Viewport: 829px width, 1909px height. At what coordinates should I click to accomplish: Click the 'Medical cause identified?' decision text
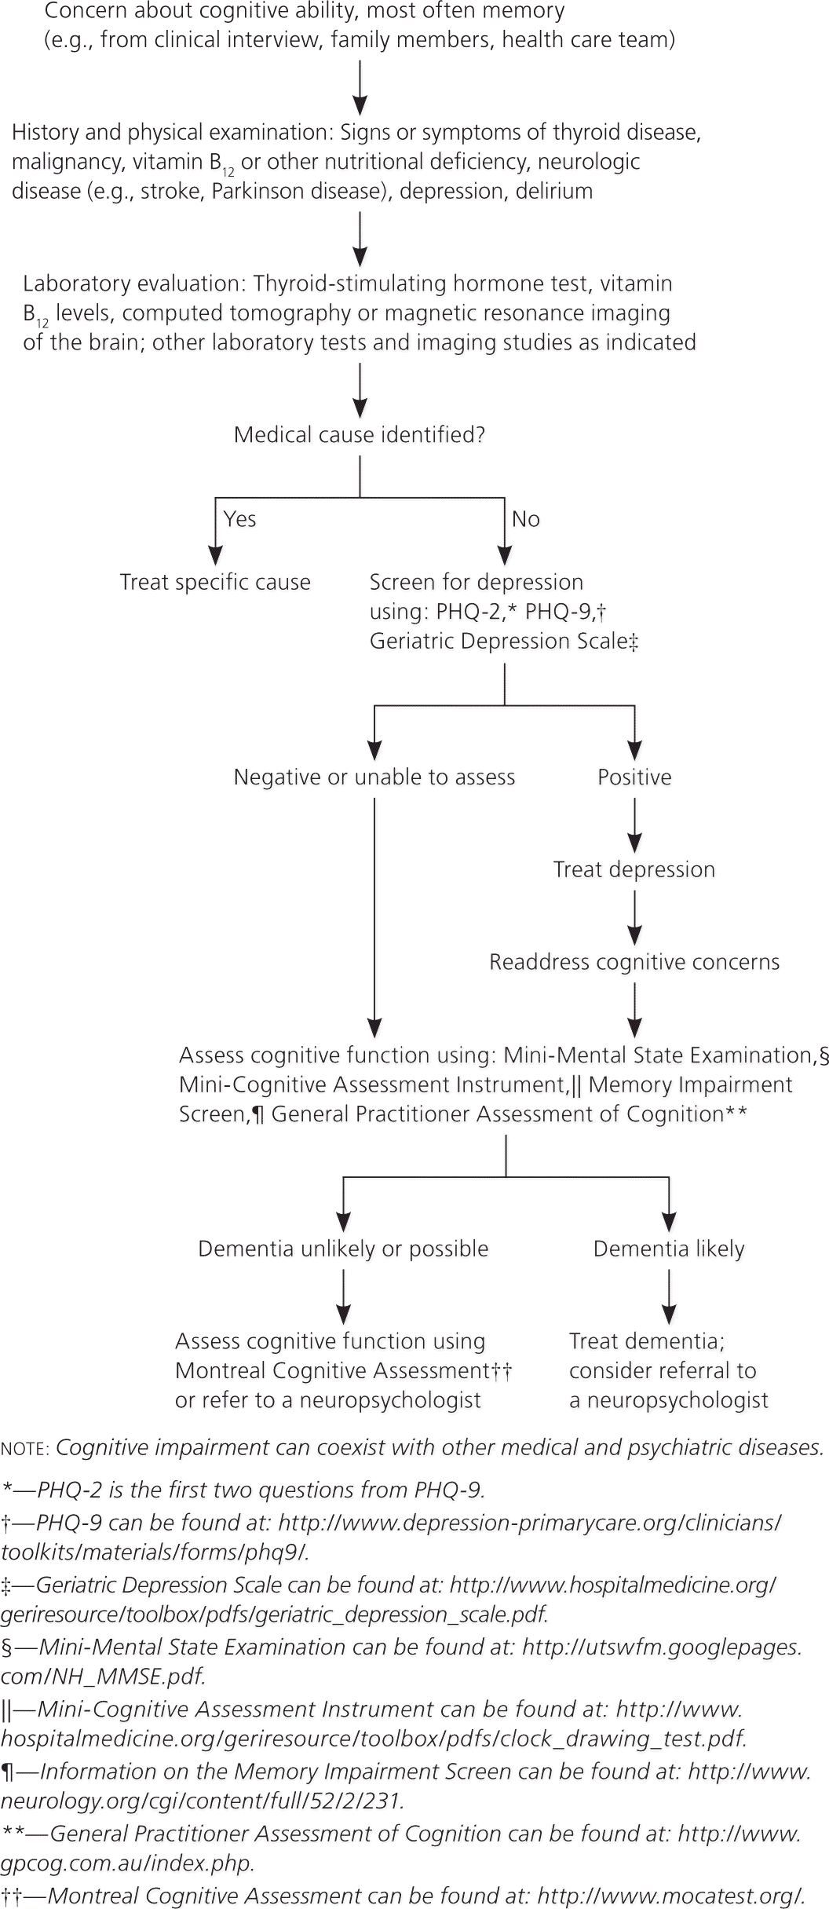tap(360, 435)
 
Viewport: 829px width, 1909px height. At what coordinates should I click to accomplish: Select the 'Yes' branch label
tap(239, 519)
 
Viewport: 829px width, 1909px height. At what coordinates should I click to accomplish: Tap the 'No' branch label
tap(525, 519)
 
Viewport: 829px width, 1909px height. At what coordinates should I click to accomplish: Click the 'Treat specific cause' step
tap(215, 582)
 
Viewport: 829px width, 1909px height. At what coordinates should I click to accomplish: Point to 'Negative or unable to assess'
tap(374, 777)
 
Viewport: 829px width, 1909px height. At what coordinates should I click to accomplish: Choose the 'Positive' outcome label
tap(634, 777)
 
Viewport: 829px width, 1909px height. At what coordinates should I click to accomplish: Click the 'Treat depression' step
tap(634, 869)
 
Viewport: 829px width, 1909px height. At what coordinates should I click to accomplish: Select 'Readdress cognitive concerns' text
tap(634, 962)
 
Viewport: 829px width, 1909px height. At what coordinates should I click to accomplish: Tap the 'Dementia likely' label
tap(669, 1249)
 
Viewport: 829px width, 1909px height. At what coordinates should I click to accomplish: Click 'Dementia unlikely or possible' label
tap(343, 1249)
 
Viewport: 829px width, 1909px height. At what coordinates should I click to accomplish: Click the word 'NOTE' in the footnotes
tap(24, 1448)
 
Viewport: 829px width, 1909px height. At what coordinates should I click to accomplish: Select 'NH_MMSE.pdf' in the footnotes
tap(102, 1677)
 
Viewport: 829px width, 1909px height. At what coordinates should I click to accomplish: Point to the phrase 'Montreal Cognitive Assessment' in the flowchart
tap(333, 1370)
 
